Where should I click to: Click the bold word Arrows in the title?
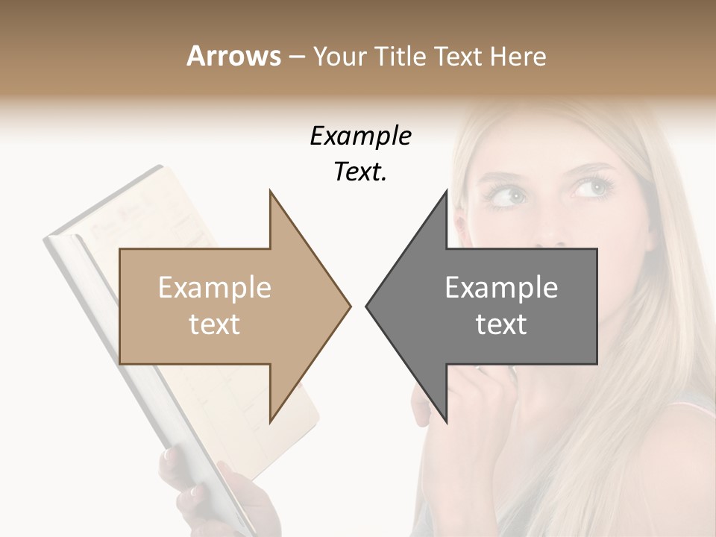[x=233, y=56]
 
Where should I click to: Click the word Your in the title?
[x=339, y=56]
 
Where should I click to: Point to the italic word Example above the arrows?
[x=360, y=136]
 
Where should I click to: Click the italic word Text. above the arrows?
[x=360, y=172]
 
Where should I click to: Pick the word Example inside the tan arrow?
[x=215, y=288]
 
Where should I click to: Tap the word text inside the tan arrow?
[x=215, y=324]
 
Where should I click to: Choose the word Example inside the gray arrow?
[x=501, y=288]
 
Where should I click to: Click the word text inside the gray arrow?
[x=501, y=324]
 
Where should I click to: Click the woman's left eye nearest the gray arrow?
[x=509, y=196]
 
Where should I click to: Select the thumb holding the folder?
[x=171, y=456]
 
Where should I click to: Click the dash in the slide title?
[x=296, y=57]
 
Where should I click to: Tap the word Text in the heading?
[x=459, y=56]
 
